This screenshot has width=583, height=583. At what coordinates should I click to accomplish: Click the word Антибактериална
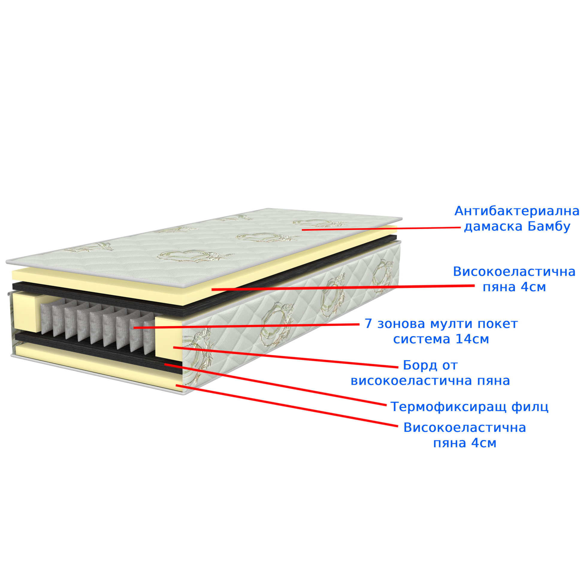(516, 211)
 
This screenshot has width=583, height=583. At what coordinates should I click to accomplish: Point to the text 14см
(472, 339)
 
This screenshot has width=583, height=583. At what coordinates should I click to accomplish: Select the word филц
(530, 407)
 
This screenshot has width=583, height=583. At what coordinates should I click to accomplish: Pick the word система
(422, 340)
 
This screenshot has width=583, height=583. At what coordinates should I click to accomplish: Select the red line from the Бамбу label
(381, 229)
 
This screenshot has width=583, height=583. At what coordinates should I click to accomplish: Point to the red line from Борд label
(286, 358)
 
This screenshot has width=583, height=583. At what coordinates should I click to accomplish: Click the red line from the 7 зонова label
(246, 326)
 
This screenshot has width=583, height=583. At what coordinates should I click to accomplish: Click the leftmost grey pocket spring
(46, 319)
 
